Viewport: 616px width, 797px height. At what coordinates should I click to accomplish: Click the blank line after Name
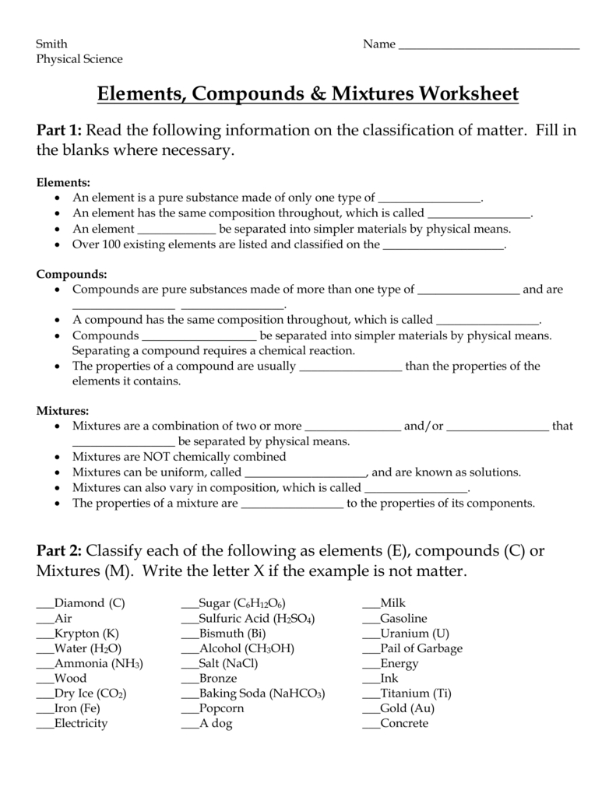click(x=489, y=45)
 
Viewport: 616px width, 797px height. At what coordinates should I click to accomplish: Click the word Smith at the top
click(x=51, y=44)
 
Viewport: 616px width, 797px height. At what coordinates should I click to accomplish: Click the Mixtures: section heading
click(x=63, y=411)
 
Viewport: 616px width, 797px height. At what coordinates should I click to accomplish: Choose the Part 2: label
click(x=59, y=551)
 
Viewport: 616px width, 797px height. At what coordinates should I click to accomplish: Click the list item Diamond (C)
click(x=90, y=603)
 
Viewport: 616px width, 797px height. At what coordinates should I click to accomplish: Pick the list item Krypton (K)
click(x=87, y=634)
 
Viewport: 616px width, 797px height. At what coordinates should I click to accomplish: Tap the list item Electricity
click(x=81, y=723)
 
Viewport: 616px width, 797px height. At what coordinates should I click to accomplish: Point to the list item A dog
click(x=216, y=723)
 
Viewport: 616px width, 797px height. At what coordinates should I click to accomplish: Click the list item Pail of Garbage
click(x=421, y=648)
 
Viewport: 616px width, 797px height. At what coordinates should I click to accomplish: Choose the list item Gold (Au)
click(x=407, y=708)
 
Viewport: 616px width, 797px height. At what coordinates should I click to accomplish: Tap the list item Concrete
click(x=404, y=723)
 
